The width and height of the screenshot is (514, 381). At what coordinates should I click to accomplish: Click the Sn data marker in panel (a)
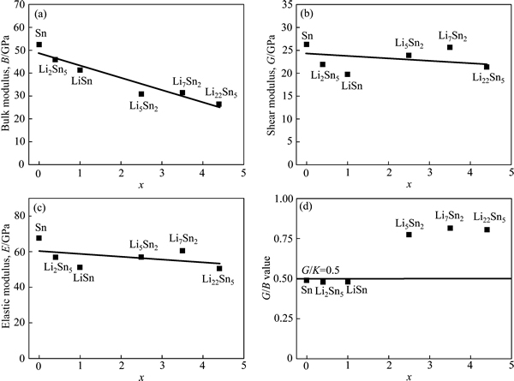[x=39, y=45]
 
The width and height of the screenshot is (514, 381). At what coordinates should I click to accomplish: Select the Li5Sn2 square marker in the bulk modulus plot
[x=141, y=94]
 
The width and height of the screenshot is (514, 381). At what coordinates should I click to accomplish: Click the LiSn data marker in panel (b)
[x=348, y=74]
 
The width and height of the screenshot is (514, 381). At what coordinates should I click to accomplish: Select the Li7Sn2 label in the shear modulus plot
[x=452, y=36]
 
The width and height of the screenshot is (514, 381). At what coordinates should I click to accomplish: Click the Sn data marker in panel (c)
[x=39, y=238]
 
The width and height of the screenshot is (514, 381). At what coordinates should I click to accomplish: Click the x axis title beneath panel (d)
[x=409, y=375]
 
